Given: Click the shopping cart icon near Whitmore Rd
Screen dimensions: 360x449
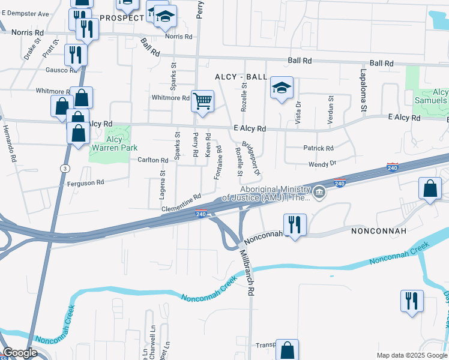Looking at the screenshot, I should (x=203, y=101).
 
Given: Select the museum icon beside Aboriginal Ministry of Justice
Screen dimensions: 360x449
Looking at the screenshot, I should (x=320, y=193).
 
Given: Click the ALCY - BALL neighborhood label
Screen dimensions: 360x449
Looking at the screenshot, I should (x=240, y=77).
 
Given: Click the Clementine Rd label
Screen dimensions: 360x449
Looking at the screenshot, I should (x=180, y=203).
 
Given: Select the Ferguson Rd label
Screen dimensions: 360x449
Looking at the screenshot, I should (x=85, y=182).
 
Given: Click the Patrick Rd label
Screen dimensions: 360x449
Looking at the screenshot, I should (x=318, y=148).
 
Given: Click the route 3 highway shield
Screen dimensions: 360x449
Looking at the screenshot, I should (x=64, y=169).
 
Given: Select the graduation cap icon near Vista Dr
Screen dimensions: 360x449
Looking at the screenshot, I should (x=282, y=89).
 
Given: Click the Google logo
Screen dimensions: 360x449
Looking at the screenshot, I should (x=20, y=353).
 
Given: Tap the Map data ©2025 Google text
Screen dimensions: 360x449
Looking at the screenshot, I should (x=412, y=355).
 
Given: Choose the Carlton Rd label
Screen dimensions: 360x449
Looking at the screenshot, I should (x=152, y=160).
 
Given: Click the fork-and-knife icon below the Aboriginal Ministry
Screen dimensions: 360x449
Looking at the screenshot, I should (x=295, y=225).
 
